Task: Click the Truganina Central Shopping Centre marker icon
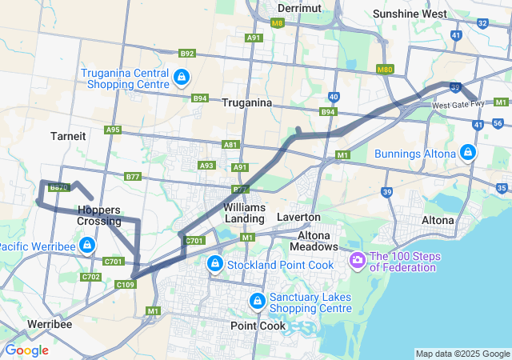182,78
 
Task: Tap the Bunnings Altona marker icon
468,152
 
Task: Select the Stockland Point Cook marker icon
214,264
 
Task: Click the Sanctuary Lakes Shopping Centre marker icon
257,302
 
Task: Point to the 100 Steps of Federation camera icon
357,261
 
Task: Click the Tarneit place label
68,136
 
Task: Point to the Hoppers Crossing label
100,215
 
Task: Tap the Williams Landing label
245,213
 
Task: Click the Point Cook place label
258,326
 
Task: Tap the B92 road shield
187,54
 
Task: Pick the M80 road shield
385,70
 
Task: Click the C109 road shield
126,284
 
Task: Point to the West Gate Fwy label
458,105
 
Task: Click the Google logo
26,350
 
